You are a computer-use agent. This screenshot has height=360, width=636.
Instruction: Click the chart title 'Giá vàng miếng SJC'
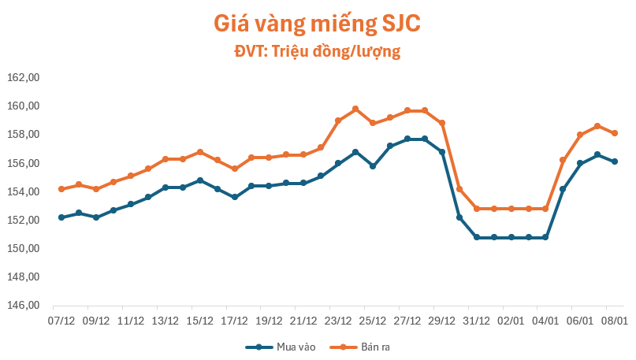point(317,23)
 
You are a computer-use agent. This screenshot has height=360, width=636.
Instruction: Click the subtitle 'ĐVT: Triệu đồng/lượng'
point(318,52)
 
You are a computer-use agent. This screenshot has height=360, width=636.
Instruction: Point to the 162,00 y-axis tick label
point(23,77)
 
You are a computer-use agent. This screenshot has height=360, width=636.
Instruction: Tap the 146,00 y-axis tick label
point(23,306)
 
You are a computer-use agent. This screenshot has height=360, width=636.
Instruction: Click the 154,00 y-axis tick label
point(23,191)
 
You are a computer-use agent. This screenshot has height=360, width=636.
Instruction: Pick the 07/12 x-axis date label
point(61,321)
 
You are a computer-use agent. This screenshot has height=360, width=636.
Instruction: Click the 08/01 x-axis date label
point(614,321)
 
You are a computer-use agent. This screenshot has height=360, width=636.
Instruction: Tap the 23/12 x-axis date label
point(338,321)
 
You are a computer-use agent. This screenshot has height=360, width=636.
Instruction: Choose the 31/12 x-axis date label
point(476,321)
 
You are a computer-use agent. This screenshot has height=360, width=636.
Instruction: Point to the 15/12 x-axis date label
point(199,321)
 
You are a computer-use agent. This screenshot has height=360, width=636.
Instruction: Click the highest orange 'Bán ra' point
point(355,109)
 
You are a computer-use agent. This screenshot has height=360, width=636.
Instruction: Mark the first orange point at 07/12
point(61,189)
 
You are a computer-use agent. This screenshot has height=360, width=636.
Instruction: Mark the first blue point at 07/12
point(61,217)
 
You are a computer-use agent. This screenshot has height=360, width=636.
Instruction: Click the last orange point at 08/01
point(615,133)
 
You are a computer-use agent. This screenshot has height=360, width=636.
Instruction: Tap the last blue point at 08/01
point(615,161)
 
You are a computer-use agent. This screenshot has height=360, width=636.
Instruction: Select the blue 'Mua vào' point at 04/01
point(545,237)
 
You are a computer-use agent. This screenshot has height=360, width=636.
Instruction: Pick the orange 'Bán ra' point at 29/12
point(442,123)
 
